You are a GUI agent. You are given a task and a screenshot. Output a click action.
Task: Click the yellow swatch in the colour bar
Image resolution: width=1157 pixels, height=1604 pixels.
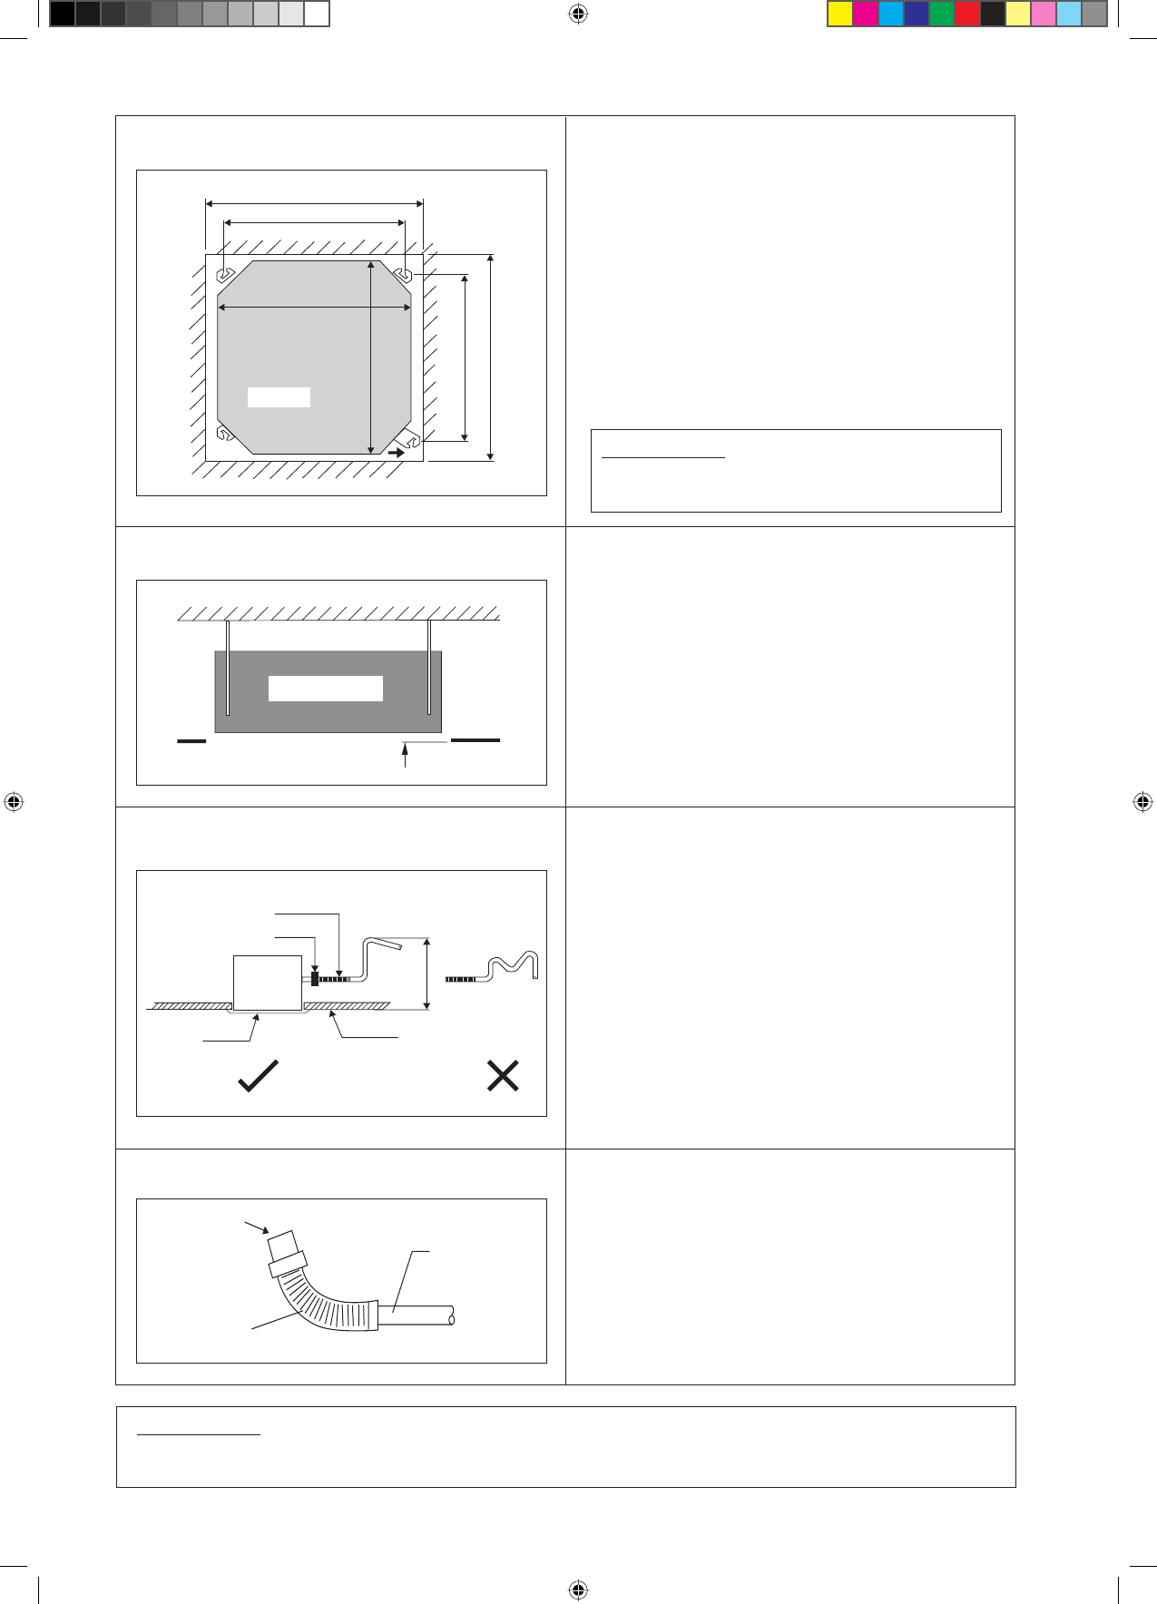coord(840,14)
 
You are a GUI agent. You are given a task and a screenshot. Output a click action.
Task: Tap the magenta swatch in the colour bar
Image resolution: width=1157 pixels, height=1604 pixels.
coord(866,14)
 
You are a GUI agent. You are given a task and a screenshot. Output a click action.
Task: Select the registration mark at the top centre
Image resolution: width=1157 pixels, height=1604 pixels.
coord(578,14)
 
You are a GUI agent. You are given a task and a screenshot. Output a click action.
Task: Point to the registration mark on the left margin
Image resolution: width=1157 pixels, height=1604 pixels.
coord(13,802)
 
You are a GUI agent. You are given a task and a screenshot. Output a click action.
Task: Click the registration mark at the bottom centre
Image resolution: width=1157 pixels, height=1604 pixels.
coord(578,1589)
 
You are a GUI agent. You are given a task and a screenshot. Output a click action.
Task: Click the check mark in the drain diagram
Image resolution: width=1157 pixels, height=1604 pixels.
coord(258,1076)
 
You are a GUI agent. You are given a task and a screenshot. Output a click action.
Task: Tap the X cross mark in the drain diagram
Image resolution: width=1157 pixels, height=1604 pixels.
coord(503,1076)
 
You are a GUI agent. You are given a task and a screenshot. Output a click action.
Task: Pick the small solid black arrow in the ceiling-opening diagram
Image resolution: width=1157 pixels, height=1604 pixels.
coord(396,452)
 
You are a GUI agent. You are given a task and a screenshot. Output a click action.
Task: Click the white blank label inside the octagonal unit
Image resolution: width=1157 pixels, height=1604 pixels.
coord(279,396)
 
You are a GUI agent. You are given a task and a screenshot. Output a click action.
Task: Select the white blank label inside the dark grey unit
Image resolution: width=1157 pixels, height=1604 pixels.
coord(325,688)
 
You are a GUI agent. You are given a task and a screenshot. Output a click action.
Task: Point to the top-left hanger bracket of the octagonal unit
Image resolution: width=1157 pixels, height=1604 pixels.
coord(225,273)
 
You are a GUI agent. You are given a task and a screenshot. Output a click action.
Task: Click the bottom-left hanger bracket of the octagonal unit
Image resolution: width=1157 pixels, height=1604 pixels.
coord(225,435)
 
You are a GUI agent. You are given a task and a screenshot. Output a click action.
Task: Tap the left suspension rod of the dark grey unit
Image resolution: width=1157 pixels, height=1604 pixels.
coord(228,668)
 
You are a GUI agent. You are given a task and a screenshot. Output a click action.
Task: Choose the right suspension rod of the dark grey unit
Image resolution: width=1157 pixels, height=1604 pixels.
coord(429,668)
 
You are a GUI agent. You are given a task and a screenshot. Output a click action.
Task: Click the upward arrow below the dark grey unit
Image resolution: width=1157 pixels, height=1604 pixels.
coord(405,755)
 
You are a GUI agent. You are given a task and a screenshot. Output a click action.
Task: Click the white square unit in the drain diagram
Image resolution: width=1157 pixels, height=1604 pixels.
coord(268,982)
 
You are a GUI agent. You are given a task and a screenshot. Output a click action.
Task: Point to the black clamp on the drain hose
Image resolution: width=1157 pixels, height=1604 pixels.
coord(315,979)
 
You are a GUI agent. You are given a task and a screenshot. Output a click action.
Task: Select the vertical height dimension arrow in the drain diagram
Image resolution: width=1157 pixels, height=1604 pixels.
coord(427,973)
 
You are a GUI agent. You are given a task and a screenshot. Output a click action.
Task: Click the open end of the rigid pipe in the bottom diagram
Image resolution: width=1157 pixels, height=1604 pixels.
coord(451,1315)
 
